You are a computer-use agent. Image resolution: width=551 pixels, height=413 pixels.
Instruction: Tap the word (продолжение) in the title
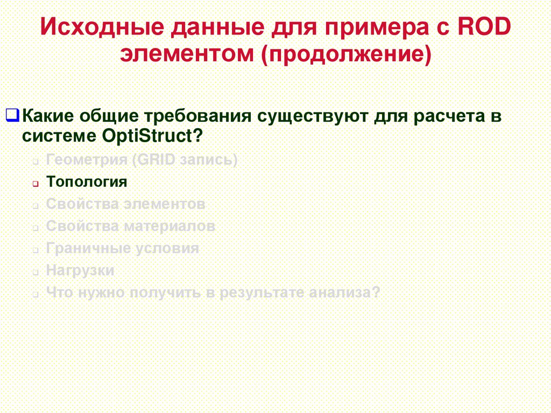347,54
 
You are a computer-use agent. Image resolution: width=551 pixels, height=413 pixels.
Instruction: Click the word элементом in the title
188,54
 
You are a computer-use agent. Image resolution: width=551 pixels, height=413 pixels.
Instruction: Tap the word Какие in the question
51,116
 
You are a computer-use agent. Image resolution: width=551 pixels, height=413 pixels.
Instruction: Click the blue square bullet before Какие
12,115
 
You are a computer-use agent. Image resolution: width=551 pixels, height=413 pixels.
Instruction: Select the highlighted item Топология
87,182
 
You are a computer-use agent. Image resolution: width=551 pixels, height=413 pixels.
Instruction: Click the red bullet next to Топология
34,184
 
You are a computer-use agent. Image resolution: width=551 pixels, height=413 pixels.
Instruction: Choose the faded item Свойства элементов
125,205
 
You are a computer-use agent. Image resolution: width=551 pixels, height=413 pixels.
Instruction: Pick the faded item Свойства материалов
131,226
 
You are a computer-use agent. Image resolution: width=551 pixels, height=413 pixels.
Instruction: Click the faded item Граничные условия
123,248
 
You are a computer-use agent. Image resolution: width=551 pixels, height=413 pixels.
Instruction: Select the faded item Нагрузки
80,270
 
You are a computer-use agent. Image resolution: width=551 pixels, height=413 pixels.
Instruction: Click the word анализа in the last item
345,292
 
